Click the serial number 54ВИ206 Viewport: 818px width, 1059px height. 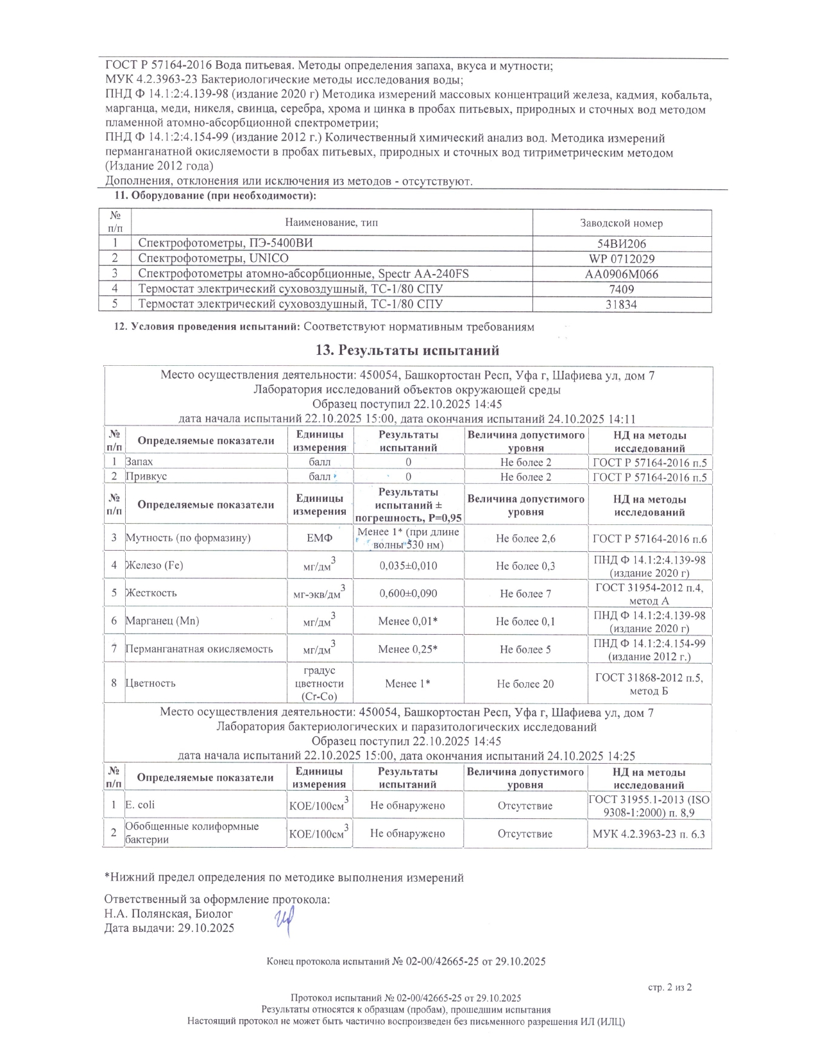point(622,243)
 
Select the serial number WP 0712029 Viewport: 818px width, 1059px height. point(622,259)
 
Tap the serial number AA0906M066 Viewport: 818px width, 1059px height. point(622,274)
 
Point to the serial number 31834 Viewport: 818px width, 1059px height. point(622,305)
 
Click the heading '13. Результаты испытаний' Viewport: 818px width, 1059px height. point(407,350)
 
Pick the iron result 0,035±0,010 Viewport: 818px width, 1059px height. point(408,566)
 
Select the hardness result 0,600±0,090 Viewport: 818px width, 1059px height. point(408,594)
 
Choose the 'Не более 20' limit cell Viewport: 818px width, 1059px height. point(525,684)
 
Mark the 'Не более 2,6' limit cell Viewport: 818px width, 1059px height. point(525,539)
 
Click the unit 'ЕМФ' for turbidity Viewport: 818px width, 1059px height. point(320,538)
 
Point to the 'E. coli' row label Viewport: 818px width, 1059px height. point(140,805)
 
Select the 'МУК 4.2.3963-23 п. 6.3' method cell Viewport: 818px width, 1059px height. point(649,834)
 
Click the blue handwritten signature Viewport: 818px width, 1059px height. point(284,922)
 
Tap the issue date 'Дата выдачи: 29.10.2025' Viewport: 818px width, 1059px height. point(169,928)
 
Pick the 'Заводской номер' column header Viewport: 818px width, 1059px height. point(622,223)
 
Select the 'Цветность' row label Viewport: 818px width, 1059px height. point(150,684)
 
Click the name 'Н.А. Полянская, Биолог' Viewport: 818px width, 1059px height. point(169,914)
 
